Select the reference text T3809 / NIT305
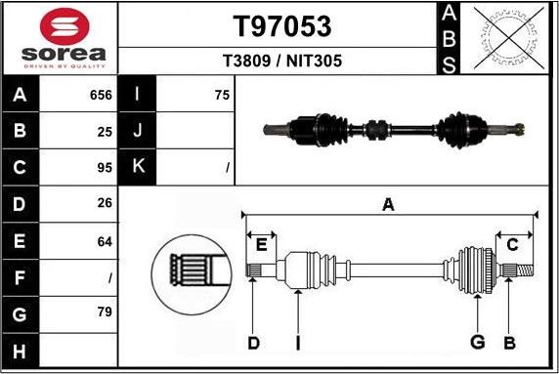click(x=281, y=61)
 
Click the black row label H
click(x=21, y=350)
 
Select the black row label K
click(x=137, y=167)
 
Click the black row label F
click(x=21, y=277)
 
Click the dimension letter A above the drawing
click(x=388, y=204)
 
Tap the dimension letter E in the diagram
click(x=262, y=245)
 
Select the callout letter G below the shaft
click(x=478, y=342)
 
